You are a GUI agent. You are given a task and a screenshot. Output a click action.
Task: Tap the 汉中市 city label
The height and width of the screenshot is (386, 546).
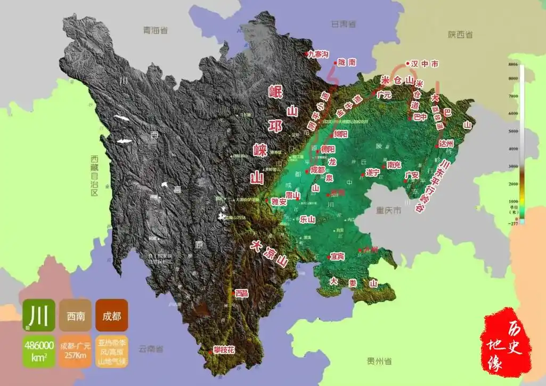click(x=425, y=63)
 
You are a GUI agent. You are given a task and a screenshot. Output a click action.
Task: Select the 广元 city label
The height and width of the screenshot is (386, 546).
click(x=384, y=95)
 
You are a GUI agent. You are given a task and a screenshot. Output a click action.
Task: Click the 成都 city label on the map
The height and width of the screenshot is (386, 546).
click(x=317, y=170)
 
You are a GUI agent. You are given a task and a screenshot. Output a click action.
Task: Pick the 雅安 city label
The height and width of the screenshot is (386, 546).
click(x=279, y=202)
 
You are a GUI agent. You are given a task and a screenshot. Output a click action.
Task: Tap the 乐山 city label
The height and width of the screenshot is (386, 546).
click(x=308, y=219)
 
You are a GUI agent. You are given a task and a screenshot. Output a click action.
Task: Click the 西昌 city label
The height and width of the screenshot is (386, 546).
click(x=242, y=293)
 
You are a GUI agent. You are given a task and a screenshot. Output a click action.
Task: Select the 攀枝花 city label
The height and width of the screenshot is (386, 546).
click(x=224, y=350)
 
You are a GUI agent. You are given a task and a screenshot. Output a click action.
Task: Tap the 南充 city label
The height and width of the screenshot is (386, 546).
click(x=394, y=165)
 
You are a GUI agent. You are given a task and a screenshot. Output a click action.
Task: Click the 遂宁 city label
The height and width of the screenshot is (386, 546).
click(x=372, y=173)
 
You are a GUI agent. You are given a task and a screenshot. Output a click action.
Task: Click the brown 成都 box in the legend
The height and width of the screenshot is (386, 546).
click(x=112, y=315)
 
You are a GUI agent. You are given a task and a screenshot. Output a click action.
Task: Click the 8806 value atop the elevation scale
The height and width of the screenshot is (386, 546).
click(x=514, y=65)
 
